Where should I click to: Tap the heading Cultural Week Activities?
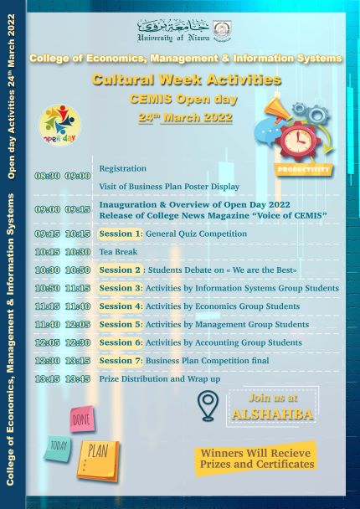coord(187,80)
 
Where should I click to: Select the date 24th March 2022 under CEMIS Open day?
coord(186,117)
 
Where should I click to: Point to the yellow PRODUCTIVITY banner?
coord(304,169)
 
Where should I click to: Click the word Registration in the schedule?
coord(123,168)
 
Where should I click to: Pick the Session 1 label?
coord(121,234)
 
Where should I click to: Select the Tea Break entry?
coord(116,251)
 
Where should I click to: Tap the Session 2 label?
coord(120,270)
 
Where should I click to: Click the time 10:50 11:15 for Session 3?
coord(63,288)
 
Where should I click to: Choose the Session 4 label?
coord(121,306)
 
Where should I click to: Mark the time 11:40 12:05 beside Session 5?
coord(63,324)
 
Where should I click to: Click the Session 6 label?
coord(121,342)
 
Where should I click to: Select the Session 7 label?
coord(121,360)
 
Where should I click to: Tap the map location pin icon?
coord(207,406)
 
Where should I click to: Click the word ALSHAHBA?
coord(270,414)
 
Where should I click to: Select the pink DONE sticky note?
coord(81,419)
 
